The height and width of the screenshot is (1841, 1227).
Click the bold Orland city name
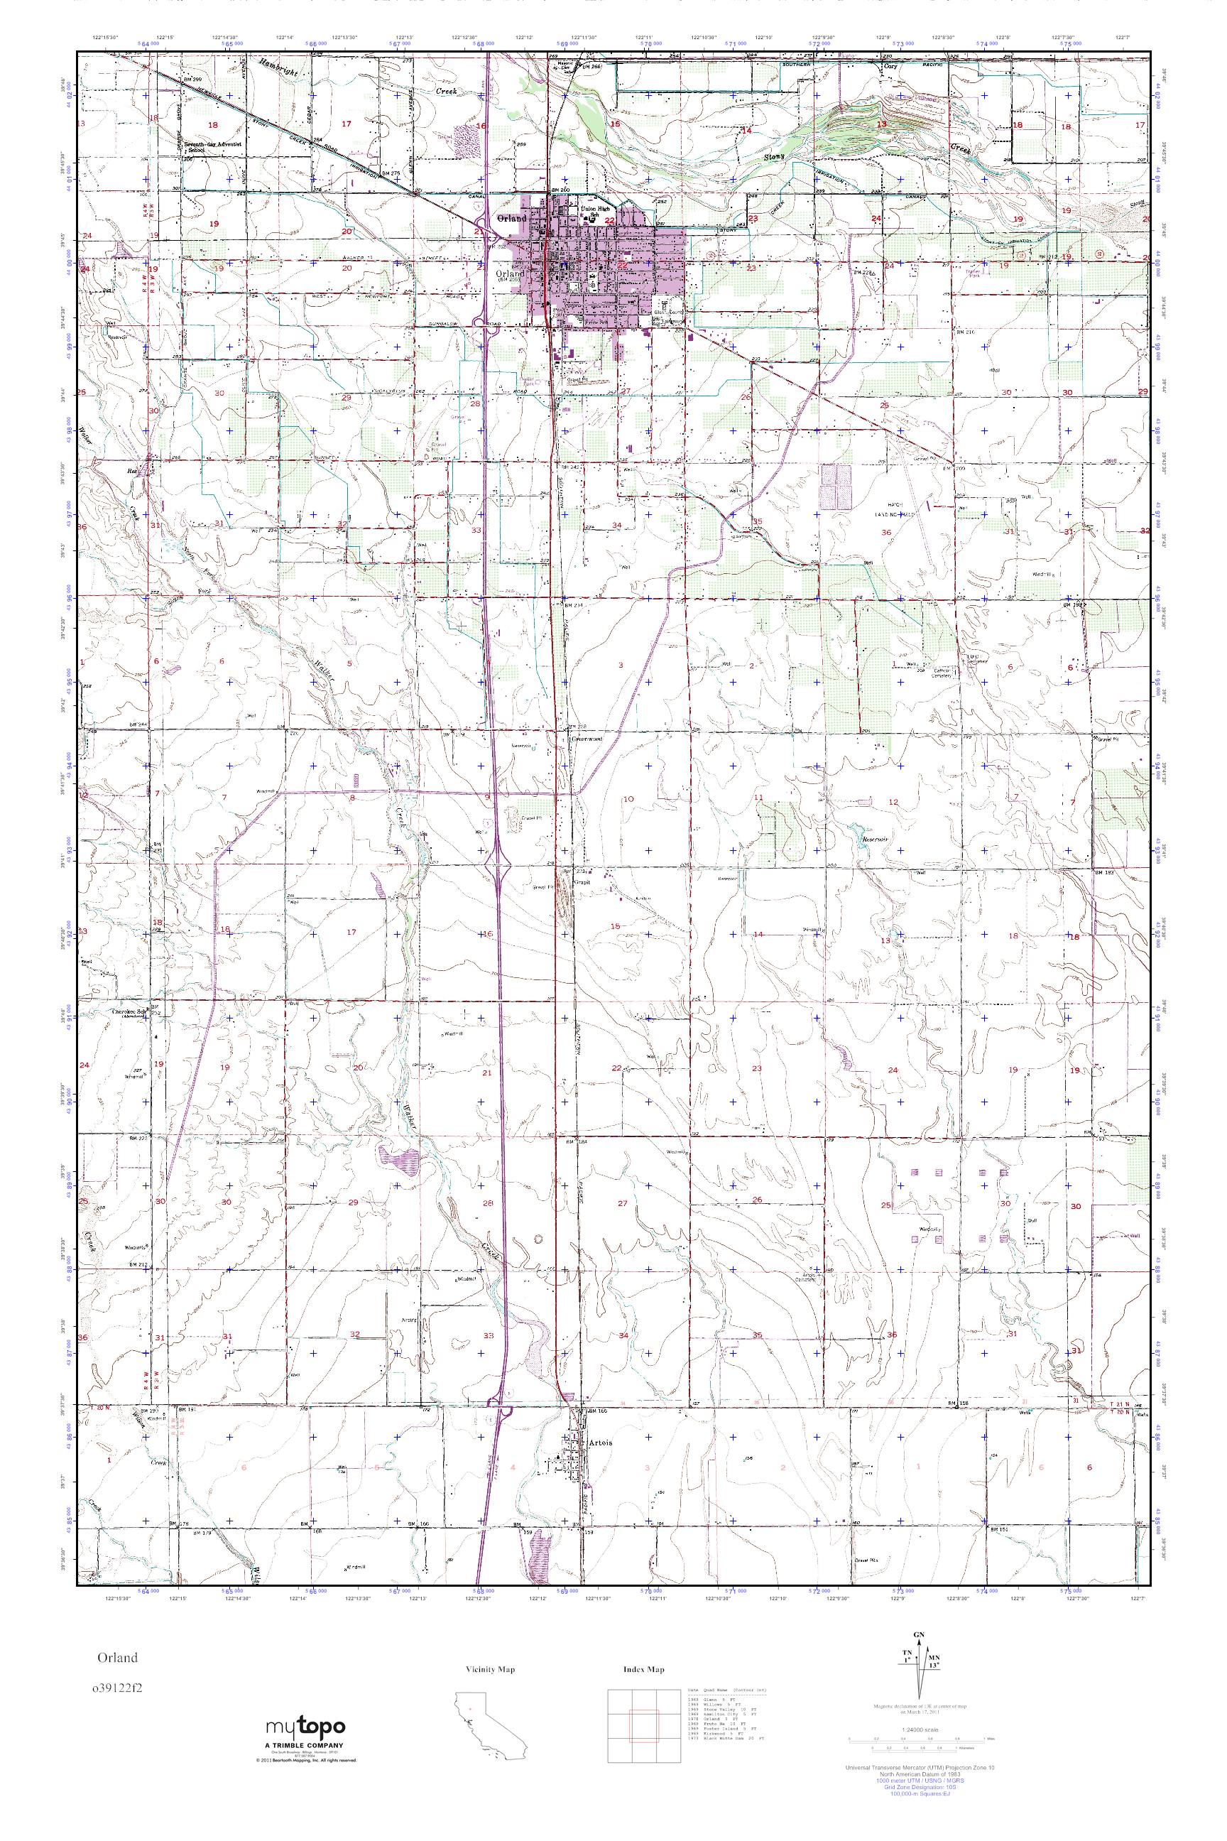point(512,218)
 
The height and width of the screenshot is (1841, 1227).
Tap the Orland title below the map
point(117,1657)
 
